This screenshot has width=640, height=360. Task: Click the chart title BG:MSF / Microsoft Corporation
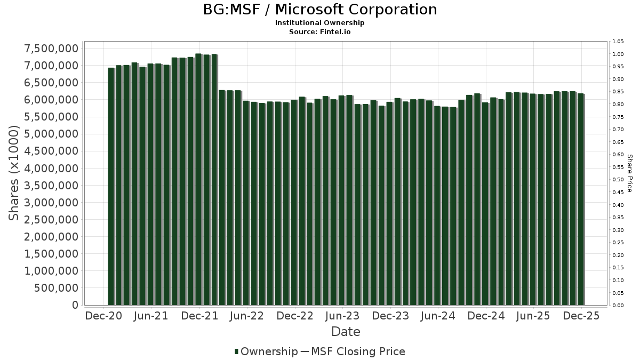point(320,10)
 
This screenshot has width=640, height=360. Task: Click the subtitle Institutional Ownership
point(320,23)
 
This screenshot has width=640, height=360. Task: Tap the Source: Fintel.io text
point(320,31)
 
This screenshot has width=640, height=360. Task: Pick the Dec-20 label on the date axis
point(103,316)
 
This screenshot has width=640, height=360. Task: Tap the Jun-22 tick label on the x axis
point(246,316)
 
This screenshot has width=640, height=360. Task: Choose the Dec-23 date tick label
point(390,316)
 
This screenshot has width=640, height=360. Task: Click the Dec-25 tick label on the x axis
point(581,316)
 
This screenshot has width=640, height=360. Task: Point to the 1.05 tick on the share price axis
point(618,42)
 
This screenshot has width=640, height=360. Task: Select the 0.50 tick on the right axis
point(618,180)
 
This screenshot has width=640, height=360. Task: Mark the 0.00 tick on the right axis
point(618,306)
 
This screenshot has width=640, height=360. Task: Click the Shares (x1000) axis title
point(14,173)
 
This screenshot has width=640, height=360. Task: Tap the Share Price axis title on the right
point(629,173)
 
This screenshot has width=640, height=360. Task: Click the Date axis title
point(346,332)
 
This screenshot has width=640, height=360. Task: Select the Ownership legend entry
point(266,351)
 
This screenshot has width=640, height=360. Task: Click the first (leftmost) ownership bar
point(111,187)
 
